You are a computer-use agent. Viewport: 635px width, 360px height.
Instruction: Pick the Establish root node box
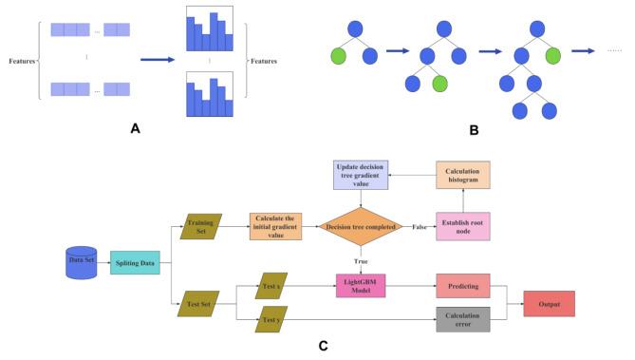461,225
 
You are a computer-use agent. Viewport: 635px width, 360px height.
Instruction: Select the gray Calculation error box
461,318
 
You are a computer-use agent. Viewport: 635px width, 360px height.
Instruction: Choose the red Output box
549,305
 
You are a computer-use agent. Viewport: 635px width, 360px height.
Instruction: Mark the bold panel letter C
323,347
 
